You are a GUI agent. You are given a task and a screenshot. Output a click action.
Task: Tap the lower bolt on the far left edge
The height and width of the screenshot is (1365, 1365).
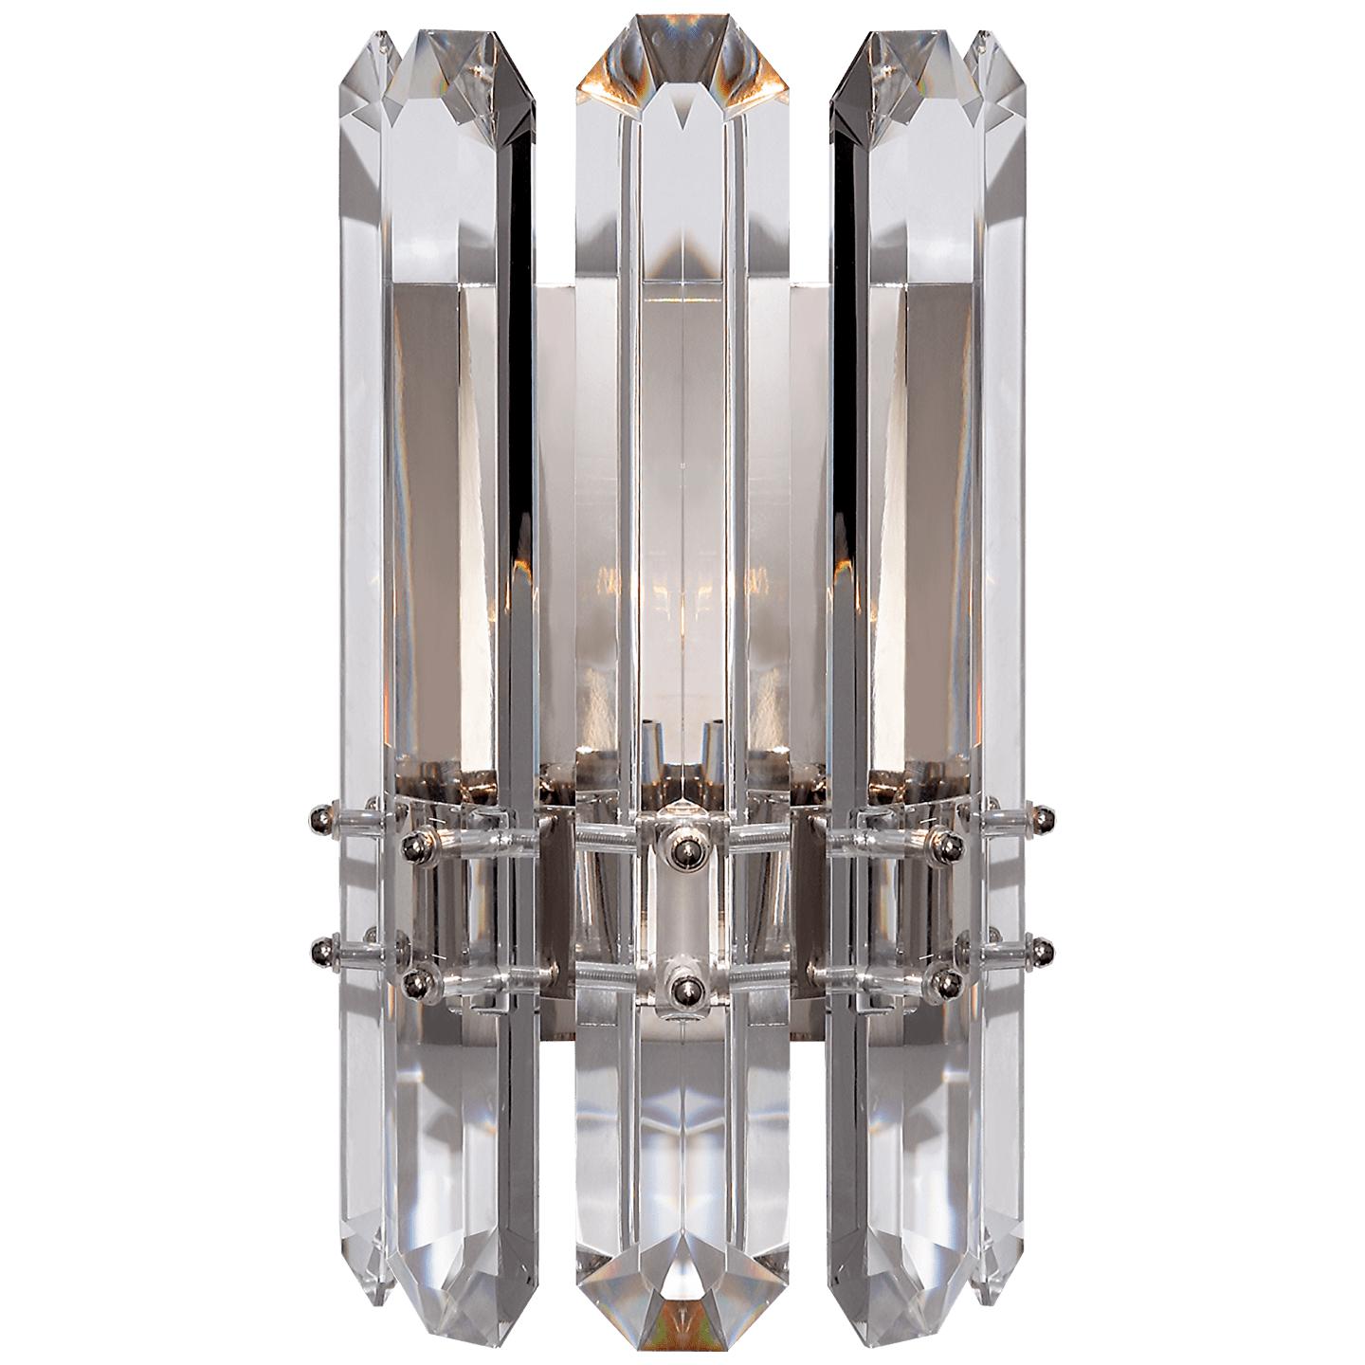(x=319, y=946)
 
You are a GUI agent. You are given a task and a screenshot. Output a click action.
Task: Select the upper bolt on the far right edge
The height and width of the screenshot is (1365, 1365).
(x=1044, y=815)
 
